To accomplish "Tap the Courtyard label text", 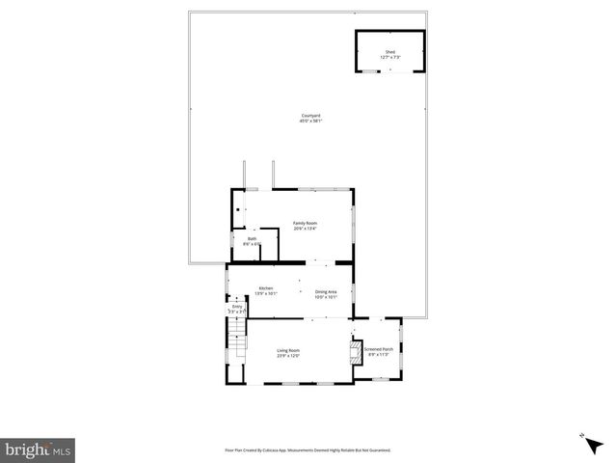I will click(x=309, y=117).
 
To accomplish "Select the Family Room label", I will click(x=305, y=223).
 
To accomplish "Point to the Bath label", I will click(x=252, y=238).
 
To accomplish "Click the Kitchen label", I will click(x=265, y=287).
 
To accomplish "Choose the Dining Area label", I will click(x=326, y=291).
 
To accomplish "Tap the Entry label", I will click(x=237, y=307).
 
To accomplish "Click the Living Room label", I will click(x=289, y=350).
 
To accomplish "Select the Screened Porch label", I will click(x=378, y=349).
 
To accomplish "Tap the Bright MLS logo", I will click(x=39, y=449).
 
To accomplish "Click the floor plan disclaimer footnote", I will click(x=308, y=449).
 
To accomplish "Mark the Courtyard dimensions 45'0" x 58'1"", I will click(x=309, y=122).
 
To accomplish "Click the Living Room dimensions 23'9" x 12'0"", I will click(x=289, y=356).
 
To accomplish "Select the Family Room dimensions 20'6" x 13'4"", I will click(x=305, y=229).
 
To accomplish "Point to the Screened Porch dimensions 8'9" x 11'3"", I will click(x=378, y=355).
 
